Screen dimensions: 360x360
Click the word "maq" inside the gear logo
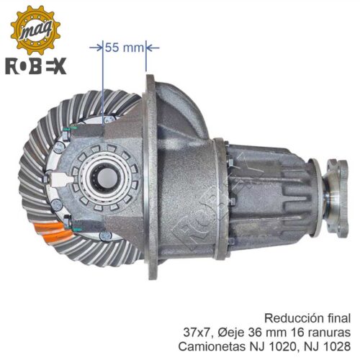coord(35,30)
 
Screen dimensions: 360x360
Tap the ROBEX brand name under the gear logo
coord(35,66)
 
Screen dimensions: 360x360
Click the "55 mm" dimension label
coord(124,48)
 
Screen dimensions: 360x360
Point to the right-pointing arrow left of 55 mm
coord(96,48)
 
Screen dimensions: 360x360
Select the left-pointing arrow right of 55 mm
coord(153,48)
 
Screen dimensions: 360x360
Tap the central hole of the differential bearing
coord(108,178)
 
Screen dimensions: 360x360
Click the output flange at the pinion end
coord(336,198)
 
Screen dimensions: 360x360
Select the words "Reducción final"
coord(307,319)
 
